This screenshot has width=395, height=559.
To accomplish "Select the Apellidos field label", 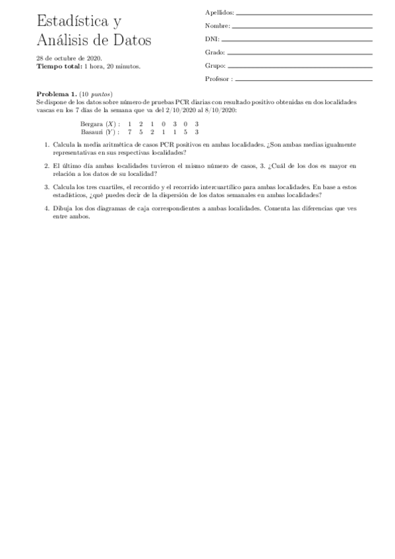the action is pos(220,13).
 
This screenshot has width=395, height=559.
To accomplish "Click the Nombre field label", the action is pos(218,26).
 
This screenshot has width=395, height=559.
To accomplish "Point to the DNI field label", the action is pos(212,39).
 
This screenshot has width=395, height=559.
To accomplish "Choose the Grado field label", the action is pos(215,52).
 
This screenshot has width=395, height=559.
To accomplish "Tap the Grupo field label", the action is pos(216,66).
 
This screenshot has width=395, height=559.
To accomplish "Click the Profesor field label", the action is pos(218,79).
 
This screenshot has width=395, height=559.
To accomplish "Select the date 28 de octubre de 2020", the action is pos(69,59).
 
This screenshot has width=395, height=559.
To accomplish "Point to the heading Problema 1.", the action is pos(56,94).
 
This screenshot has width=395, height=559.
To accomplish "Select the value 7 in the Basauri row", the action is pos(130,131).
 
